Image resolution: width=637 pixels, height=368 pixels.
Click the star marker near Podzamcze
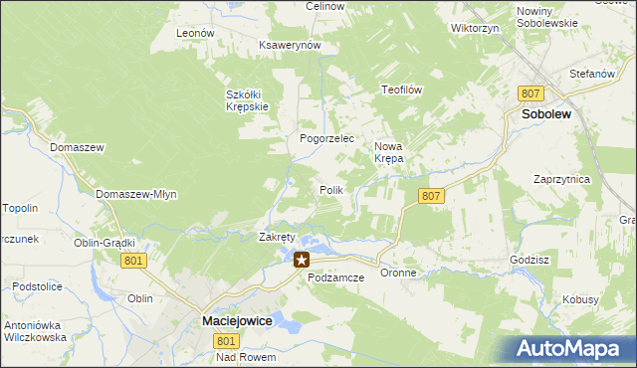[301, 260]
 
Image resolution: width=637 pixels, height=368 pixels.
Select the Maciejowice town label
[240, 321]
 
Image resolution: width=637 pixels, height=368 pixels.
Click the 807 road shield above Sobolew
[530, 93]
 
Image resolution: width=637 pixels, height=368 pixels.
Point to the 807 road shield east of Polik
[431, 196]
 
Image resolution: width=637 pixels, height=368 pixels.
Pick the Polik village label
[331, 189]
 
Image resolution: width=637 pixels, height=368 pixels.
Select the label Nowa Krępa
[389, 151]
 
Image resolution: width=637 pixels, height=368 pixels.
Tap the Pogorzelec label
[327, 139]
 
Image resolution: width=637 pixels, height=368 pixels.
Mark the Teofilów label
[403, 90]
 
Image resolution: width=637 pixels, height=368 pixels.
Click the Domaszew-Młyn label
[136, 194]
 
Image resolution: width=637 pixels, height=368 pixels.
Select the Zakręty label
[278, 238]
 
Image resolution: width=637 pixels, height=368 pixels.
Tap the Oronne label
[398, 273]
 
